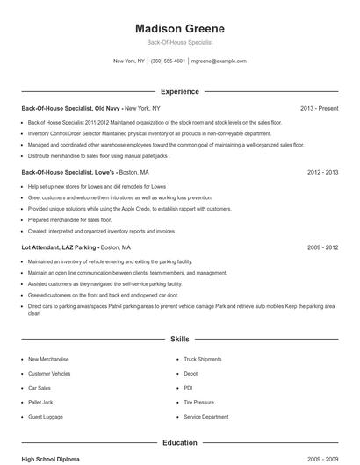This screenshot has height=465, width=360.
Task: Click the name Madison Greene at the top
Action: coord(180,28)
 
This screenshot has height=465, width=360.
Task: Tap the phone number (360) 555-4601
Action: coord(168,61)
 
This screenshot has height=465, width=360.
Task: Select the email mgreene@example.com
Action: coord(219,61)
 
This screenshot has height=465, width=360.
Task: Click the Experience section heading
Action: coord(180,91)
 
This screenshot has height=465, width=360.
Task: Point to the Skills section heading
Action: coord(180,338)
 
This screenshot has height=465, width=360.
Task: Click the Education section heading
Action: coord(180,443)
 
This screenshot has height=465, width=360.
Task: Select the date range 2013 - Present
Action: coord(319,108)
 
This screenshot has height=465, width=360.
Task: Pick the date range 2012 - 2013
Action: coord(323,173)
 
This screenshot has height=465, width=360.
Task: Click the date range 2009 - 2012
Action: coord(323,247)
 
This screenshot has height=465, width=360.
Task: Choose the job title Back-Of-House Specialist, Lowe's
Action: coord(68,173)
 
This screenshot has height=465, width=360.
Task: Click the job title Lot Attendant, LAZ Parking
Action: coord(58,247)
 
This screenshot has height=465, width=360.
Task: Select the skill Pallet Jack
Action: coord(40,402)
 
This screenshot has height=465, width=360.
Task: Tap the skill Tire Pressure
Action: coord(200,402)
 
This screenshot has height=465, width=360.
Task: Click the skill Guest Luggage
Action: coord(45,417)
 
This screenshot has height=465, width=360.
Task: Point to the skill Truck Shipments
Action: coord(203,359)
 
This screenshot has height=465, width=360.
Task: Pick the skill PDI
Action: coord(189,388)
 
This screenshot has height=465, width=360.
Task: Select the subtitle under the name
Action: coord(180,42)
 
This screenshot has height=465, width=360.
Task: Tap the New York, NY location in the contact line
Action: coord(129,61)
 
